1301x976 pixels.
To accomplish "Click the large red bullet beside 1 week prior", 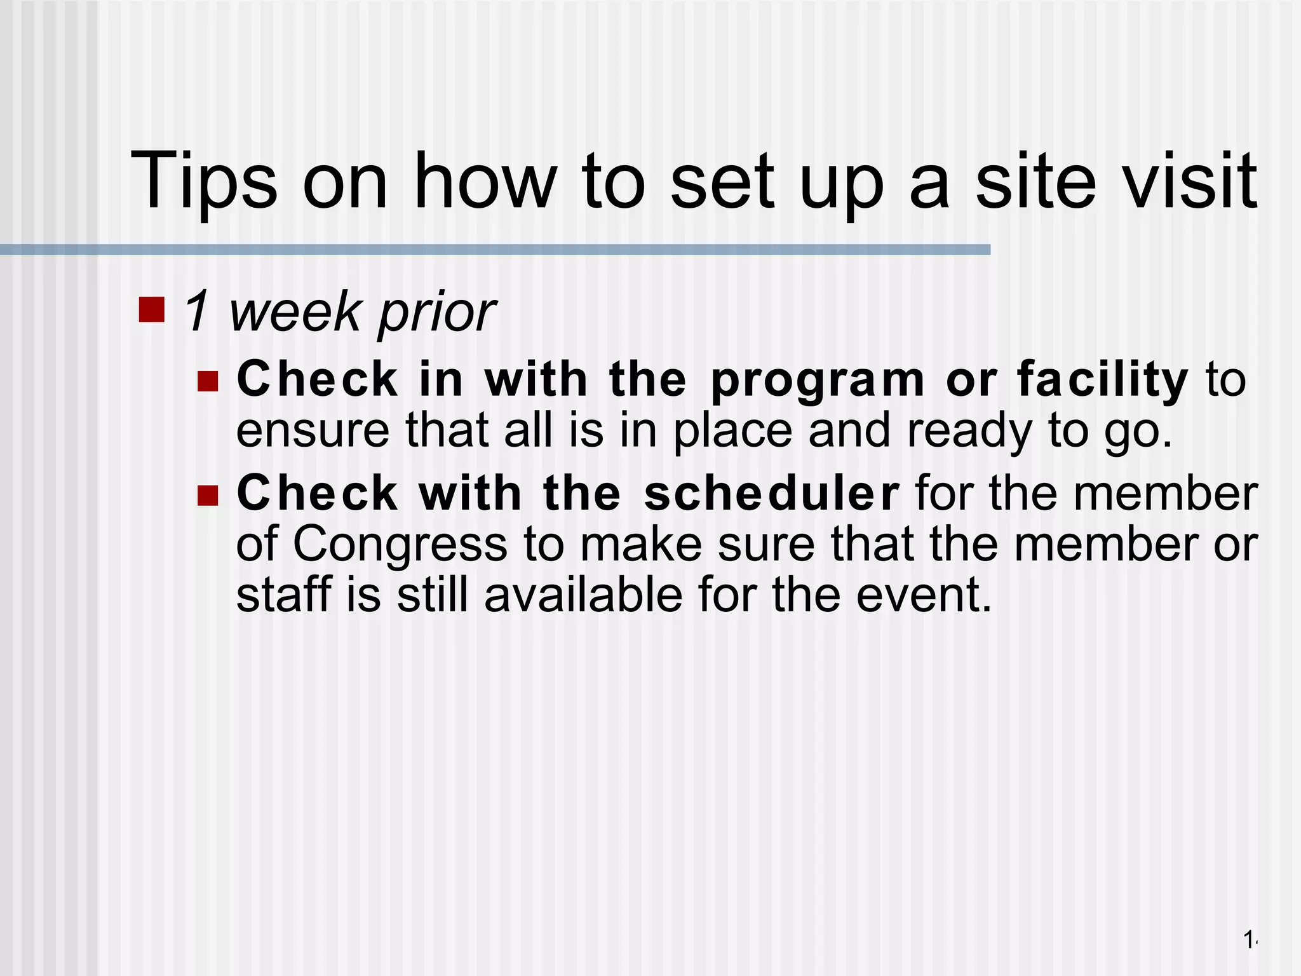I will [151, 309].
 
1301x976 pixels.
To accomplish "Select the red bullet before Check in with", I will [208, 381].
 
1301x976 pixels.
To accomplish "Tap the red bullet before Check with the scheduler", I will [208, 495].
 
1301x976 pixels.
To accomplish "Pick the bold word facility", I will [1102, 380].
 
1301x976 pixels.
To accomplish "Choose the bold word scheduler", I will [771, 494].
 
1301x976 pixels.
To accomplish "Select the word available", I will [583, 595].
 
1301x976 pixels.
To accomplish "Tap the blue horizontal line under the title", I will [495, 250].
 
